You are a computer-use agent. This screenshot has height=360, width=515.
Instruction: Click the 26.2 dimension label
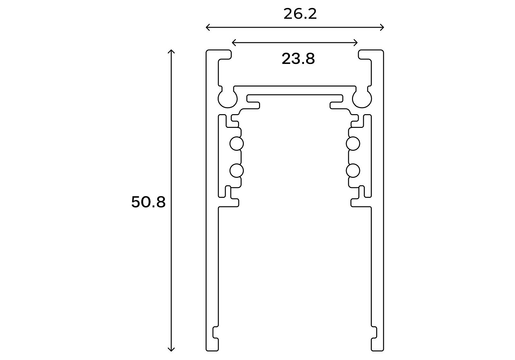pos(300,14)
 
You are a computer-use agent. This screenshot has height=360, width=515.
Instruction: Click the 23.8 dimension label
pos(298,59)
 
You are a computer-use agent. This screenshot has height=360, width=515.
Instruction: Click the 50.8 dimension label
pos(148,202)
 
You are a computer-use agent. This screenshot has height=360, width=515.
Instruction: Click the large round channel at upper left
pos(228,99)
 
